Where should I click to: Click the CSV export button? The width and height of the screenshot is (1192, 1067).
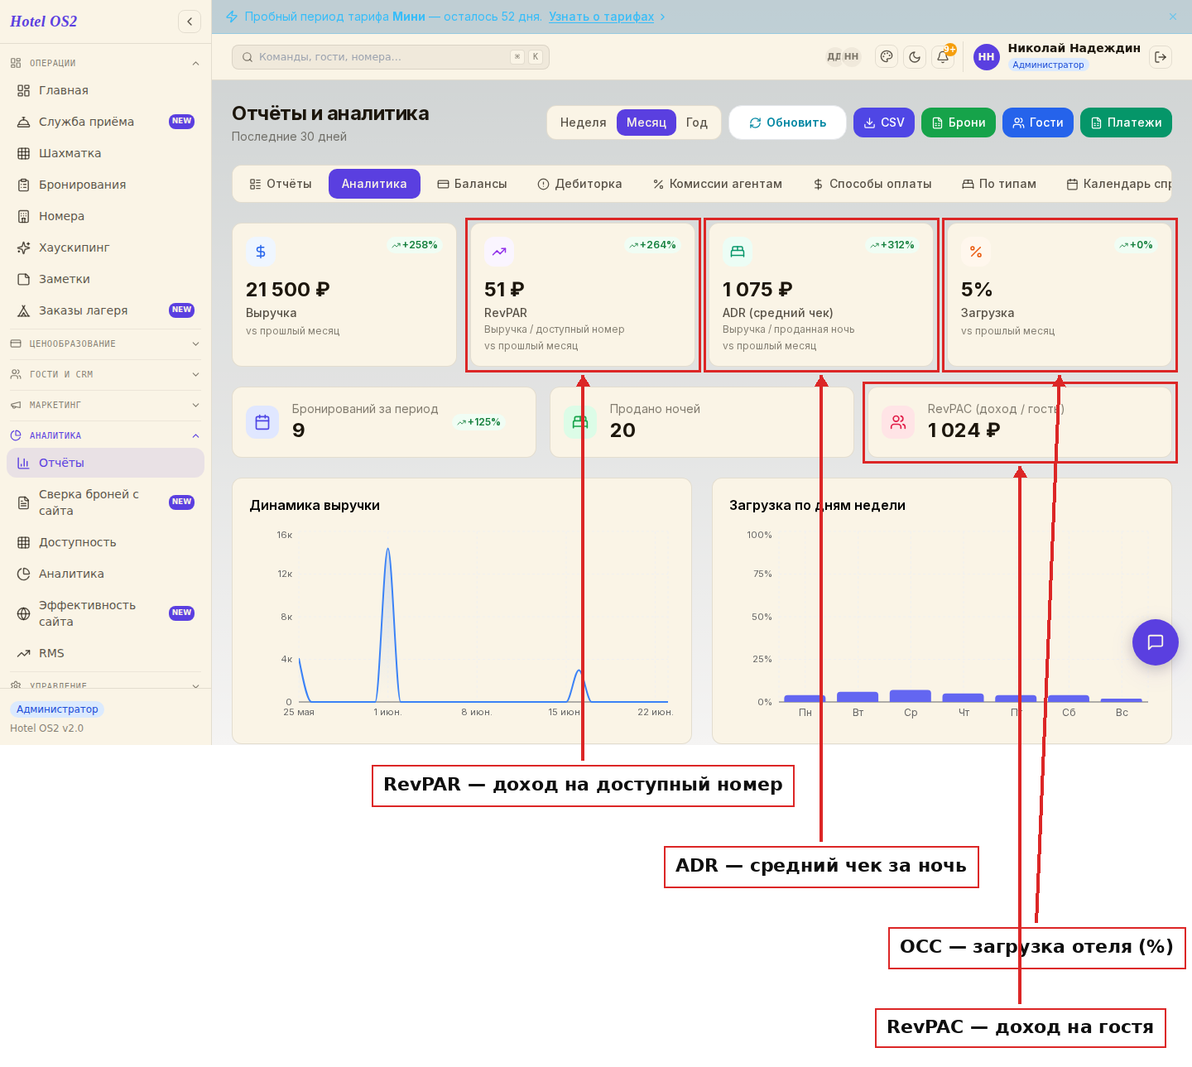point(883,123)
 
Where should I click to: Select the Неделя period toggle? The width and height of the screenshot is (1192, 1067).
point(583,123)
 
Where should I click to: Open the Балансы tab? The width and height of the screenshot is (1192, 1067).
point(472,184)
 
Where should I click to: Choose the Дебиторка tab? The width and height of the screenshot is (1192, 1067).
point(579,184)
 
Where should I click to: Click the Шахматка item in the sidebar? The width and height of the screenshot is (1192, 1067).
point(70,153)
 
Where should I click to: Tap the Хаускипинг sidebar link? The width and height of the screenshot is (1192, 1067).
point(74,248)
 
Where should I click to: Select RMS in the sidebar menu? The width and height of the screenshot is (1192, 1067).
point(51,652)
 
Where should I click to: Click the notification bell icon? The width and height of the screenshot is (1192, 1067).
point(943,57)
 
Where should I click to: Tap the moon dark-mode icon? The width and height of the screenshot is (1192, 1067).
point(915,57)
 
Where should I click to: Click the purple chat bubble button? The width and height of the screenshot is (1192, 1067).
point(1155,642)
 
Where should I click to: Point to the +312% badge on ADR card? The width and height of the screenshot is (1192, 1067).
point(892,245)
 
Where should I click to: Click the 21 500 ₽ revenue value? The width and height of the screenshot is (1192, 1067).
point(288,289)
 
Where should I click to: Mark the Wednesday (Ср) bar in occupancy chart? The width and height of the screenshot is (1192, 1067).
point(910,695)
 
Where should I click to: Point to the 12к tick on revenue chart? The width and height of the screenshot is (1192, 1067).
point(285,573)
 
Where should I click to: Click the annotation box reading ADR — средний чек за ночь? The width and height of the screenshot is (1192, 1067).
point(821,867)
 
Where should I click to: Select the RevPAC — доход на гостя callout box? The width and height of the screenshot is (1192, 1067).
point(1020,1027)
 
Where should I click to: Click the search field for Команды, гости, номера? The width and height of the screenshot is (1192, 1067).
point(390,57)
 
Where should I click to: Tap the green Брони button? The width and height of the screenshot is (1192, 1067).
point(958,123)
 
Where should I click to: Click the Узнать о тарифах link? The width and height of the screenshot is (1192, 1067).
point(601,17)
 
